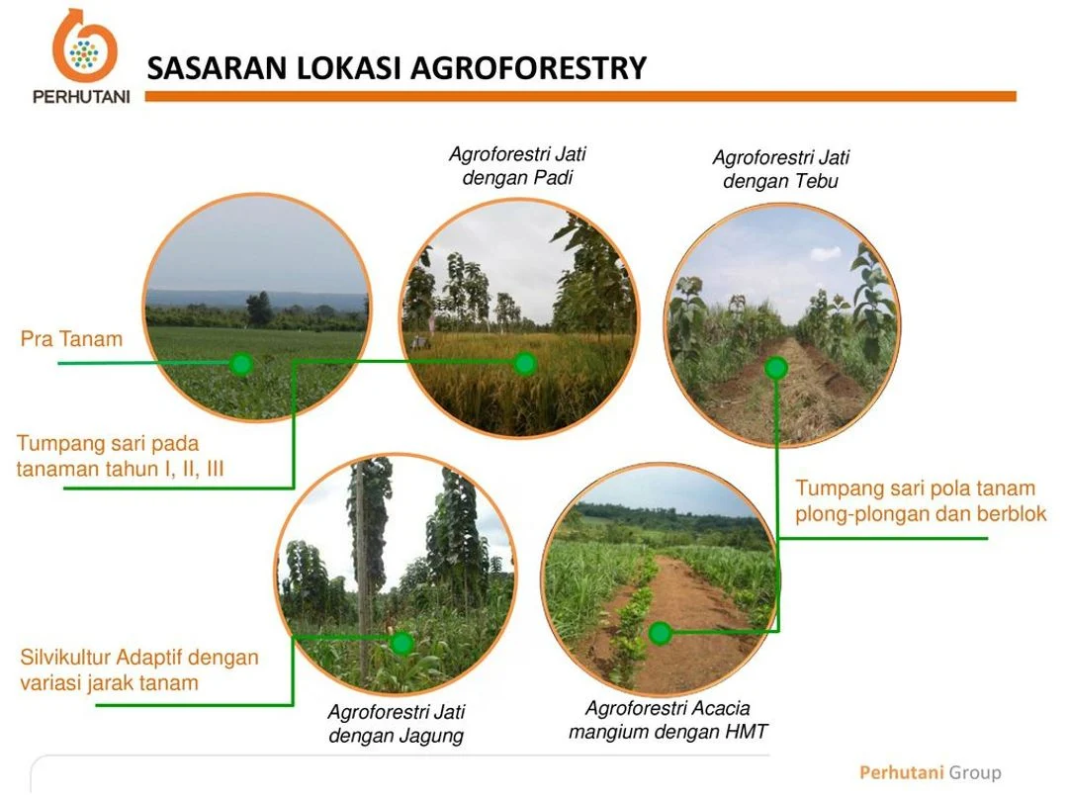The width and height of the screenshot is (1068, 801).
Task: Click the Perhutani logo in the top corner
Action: click(84, 54)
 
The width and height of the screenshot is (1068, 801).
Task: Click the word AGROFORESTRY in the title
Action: click(527, 68)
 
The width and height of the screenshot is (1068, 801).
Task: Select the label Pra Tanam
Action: click(71, 339)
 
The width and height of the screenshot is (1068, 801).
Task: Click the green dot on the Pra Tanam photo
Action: click(240, 364)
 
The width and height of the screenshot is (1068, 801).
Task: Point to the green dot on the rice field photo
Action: click(525, 364)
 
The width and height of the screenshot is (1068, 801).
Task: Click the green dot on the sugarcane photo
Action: click(776, 369)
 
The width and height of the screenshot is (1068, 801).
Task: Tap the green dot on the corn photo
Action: click(401, 644)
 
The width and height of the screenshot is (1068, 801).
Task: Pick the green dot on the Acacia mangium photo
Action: click(661, 633)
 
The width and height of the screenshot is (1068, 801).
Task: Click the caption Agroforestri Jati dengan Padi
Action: click(517, 166)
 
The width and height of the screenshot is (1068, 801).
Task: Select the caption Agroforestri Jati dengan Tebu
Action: click(780, 169)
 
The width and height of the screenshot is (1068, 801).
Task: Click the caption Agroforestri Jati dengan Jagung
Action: click(396, 724)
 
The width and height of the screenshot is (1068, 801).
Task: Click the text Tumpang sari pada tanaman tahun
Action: click(120, 456)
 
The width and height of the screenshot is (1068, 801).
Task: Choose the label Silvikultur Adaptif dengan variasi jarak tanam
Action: click(138, 669)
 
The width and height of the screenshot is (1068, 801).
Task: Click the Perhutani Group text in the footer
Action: click(930, 772)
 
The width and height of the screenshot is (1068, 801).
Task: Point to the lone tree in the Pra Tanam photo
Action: click(259, 309)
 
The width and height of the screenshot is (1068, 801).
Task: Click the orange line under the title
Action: click(581, 97)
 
